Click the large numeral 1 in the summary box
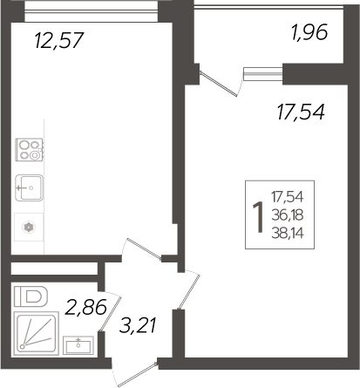click(258, 214)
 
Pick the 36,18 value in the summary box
click(293, 214)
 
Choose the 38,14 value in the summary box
click(293, 231)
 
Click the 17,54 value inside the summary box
click(293, 198)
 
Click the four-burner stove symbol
click(29, 151)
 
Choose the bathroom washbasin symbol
click(84, 343)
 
